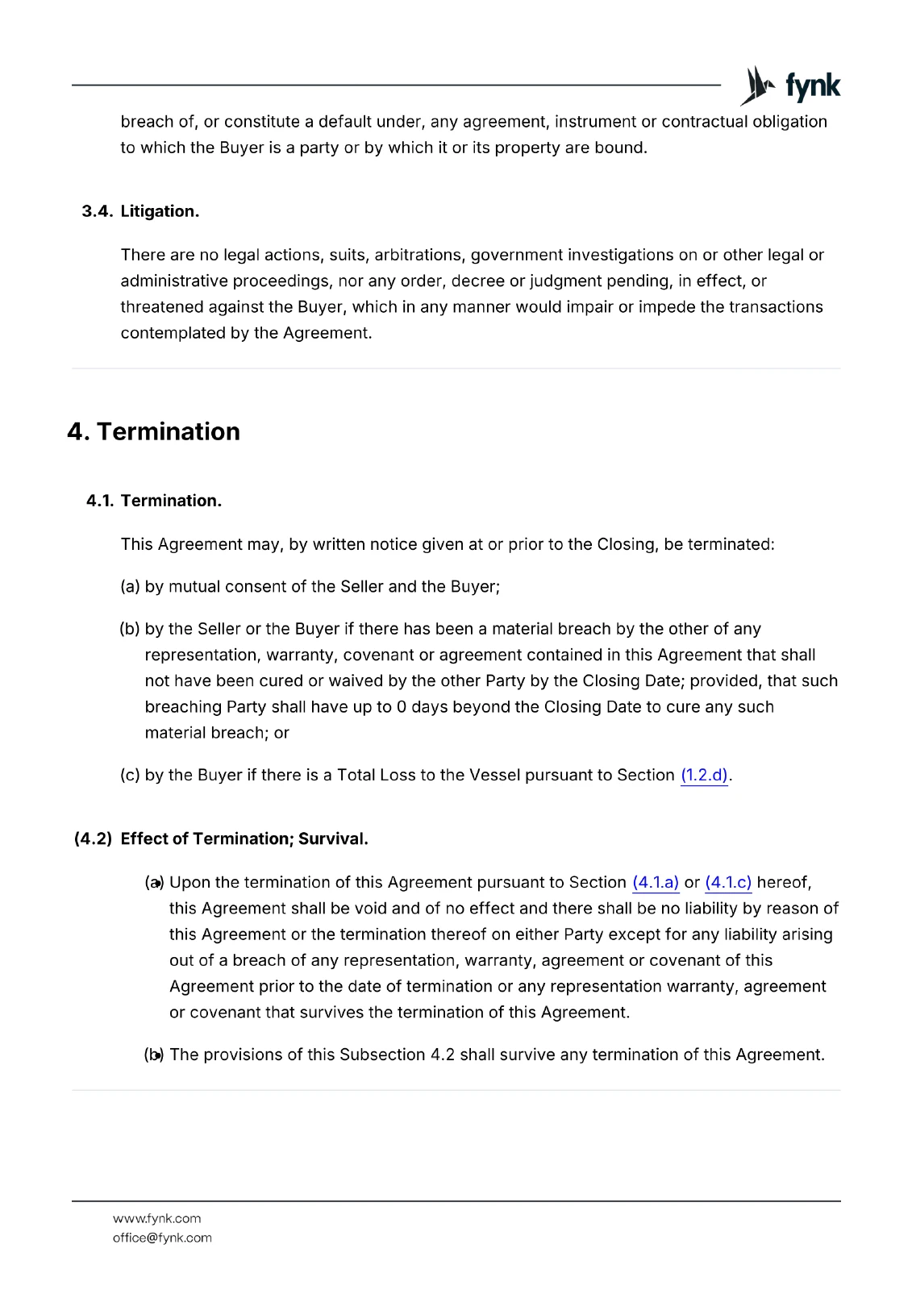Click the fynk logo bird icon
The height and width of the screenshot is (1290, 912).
tap(757, 85)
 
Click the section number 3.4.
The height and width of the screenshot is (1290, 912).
tap(98, 211)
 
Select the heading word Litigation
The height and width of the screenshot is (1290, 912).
tap(160, 211)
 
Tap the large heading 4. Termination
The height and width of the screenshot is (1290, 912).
tap(154, 431)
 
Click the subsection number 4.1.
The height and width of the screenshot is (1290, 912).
tap(100, 501)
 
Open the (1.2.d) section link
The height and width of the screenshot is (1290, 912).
tap(704, 775)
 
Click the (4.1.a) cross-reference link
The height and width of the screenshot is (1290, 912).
tap(656, 882)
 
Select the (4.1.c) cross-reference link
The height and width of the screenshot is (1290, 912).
tap(728, 882)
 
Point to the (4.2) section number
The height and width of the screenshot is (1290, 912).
tap(93, 838)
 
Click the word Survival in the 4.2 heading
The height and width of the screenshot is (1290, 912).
tap(332, 838)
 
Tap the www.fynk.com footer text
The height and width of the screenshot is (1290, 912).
tap(157, 1218)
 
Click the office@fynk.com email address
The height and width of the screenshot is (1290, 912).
tap(162, 1238)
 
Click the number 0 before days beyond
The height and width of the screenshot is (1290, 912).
tap(402, 707)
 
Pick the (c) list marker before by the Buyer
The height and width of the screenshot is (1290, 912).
tap(130, 775)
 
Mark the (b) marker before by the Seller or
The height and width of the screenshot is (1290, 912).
tap(130, 629)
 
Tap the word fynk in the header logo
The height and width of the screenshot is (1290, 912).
tap(813, 86)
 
